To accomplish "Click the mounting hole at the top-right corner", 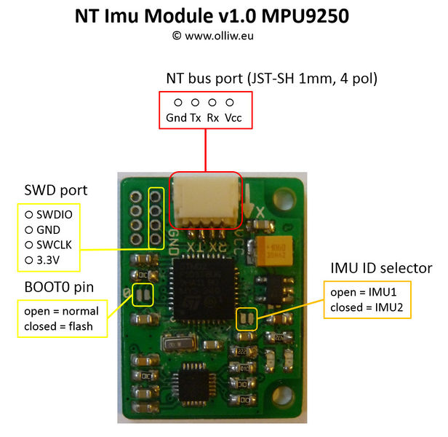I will click(283, 196).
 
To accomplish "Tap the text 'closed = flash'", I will click(58, 326).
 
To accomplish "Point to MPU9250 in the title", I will click(327, 16).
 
